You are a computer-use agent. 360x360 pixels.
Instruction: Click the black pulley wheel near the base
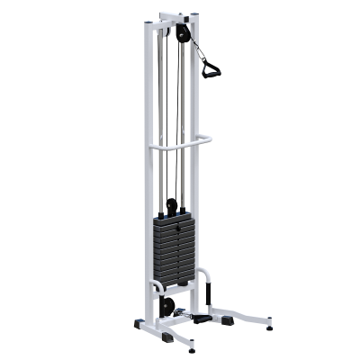point(166,306)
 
